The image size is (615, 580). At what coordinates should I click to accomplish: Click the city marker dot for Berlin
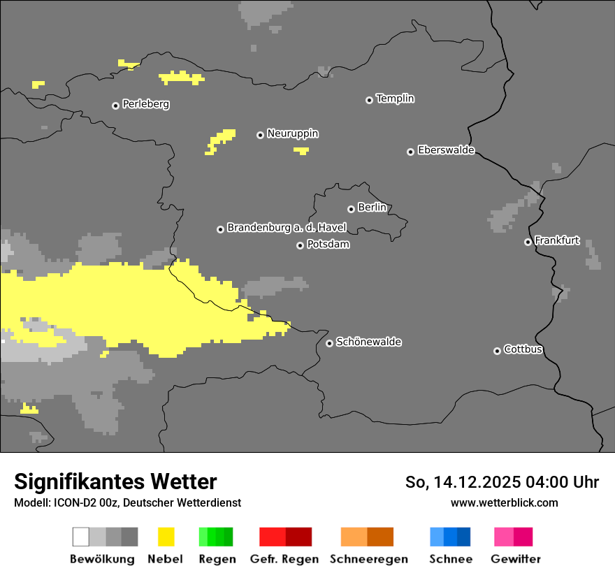pyautogui.click(x=351, y=209)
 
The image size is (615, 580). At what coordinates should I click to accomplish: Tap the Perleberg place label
pyautogui.click(x=145, y=104)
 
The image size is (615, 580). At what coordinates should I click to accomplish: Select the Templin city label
pyautogui.click(x=395, y=99)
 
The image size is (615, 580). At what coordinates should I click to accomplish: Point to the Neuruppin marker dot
pyautogui.click(x=260, y=135)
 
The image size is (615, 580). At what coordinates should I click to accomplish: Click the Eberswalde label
pyautogui.click(x=446, y=150)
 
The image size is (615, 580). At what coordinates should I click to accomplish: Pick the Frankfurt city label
pyautogui.click(x=556, y=240)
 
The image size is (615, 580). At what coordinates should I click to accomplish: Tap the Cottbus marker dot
pyautogui.click(x=497, y=351)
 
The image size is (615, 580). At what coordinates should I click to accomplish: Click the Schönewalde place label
pyautogui.click(x=368, y=342)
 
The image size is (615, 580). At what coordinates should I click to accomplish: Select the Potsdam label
pyautogui.click(x=328, y=245)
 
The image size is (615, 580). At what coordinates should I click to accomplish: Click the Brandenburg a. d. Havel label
pyautogui.click(x=287, y=228)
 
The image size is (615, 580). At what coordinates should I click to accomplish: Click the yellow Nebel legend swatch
pyautogui.click(x=166, y=537)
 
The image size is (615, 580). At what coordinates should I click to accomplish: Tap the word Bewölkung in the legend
pyautogui.click(x=102, y=559)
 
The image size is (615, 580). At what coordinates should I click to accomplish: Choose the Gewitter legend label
pyautogui.click(x=515, y=559)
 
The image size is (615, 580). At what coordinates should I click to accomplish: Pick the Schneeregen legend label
pyautogui.click(x=368, y=559)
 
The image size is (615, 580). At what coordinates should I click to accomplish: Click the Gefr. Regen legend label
pyautogui.click(x=284, y=559)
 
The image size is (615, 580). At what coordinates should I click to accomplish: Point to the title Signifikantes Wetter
pyautogui.click(x=115, y=481)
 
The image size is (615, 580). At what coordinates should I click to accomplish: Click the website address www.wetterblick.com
pyautogui.click(x=504, y=502)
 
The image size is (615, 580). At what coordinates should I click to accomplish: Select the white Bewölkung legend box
pyautogui.click(x=81, y=537)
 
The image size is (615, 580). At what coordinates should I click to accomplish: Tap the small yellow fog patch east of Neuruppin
pyautogui.click(x=301, y=150)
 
